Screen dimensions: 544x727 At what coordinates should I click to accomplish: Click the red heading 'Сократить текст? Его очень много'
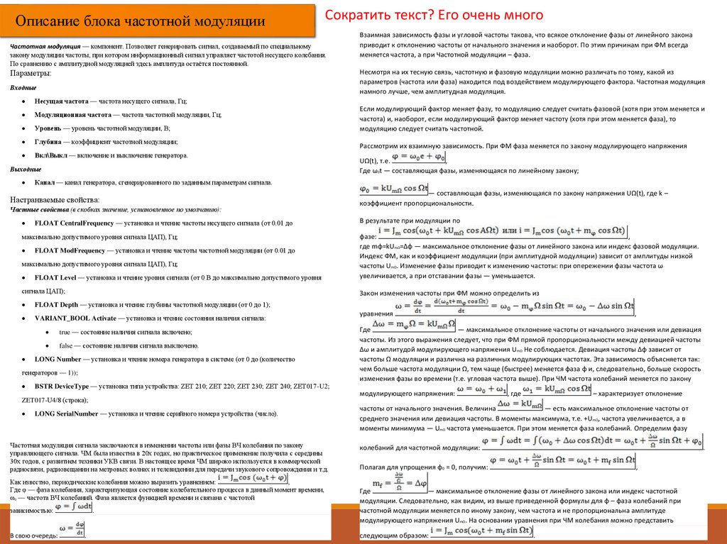434,15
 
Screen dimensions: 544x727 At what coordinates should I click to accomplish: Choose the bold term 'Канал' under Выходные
47,182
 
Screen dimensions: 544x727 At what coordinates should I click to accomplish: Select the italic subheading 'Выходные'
26,169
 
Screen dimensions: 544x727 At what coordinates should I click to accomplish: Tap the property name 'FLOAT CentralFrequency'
78,223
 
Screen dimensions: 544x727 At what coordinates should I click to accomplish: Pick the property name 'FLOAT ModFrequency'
72,250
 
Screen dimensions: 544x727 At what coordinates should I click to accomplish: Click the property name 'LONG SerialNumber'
67,413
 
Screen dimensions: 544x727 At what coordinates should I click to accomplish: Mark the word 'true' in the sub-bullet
65,332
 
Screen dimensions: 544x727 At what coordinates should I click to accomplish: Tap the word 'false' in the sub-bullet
65,345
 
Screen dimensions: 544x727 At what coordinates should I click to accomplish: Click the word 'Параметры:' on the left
30,73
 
